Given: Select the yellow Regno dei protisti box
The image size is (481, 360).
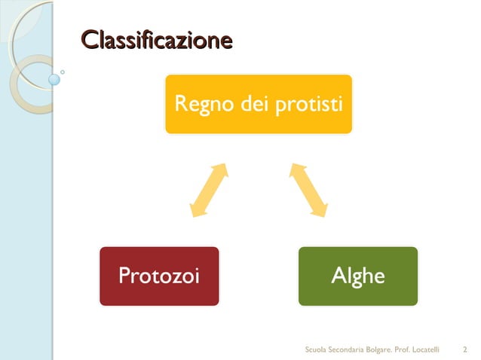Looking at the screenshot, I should tap(259, 103).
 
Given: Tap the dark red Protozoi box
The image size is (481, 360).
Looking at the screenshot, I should tap(159, 276).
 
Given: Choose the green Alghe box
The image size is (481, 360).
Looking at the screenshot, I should tap(358, 276).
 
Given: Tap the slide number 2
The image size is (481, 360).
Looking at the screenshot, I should tap(464, 349).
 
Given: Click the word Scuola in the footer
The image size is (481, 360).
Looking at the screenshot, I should tap(315, 349).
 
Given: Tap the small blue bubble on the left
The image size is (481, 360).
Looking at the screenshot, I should tap(54, 78).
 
